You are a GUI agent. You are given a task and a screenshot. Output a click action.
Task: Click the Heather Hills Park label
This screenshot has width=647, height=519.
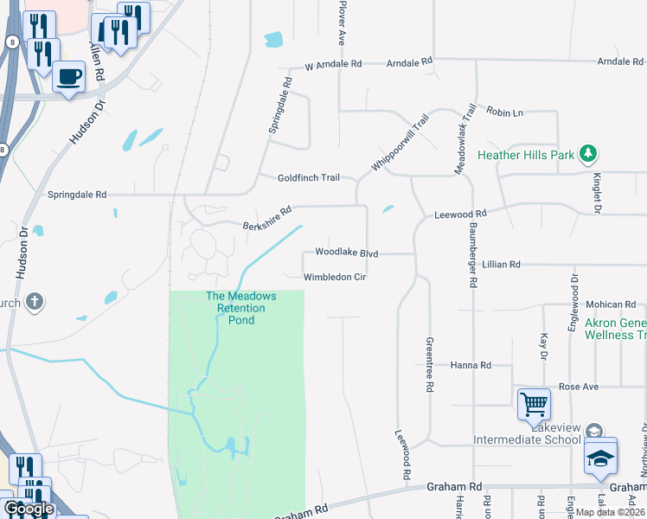(526, 157)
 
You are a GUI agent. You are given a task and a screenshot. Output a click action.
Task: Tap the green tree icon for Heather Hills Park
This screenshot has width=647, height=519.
(589, 154)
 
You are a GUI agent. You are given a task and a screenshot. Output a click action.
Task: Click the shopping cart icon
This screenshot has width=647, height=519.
(534, 403)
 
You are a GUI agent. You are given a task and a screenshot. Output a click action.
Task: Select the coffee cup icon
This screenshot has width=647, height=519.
(68, 76)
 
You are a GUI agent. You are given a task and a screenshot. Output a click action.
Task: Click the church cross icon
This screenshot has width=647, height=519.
(35, 302)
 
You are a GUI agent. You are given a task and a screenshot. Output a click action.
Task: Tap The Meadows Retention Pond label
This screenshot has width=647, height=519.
(241, 308)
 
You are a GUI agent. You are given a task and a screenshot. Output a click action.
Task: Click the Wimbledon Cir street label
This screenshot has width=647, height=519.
(336, 278)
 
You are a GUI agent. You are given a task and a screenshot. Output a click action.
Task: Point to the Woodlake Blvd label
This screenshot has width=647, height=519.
(347, 252)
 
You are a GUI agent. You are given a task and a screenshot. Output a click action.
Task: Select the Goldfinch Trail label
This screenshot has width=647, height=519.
(308, 177)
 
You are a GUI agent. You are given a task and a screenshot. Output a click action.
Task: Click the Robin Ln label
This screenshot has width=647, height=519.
(505, 113)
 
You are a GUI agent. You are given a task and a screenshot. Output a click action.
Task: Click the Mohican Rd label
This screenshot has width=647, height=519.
(611, 304)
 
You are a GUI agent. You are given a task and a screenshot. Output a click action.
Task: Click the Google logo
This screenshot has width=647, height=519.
(29, 509)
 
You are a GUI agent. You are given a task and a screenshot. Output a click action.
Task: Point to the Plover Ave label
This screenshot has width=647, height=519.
(343, 24)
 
